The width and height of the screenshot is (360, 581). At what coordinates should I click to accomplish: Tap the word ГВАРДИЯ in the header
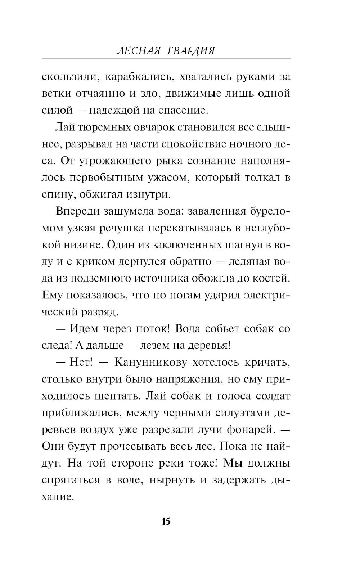[191, 51]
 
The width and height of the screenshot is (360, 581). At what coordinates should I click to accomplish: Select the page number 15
[166, 522]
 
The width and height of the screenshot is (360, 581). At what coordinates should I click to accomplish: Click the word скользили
[68, 77]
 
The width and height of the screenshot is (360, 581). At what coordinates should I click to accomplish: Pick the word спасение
[184, 110]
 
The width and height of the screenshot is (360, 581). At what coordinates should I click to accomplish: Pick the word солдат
[273, 396]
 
